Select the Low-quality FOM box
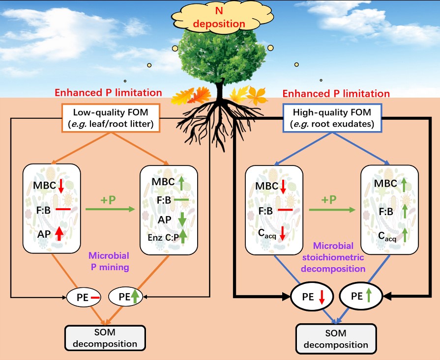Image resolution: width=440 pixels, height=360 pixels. click(x=110, y=118)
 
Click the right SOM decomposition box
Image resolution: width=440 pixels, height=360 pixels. click(x=336, y=338)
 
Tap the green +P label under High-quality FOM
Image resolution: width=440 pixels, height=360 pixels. click(x=329, y=200)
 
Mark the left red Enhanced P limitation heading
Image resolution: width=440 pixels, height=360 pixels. click(x=108, y=93)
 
